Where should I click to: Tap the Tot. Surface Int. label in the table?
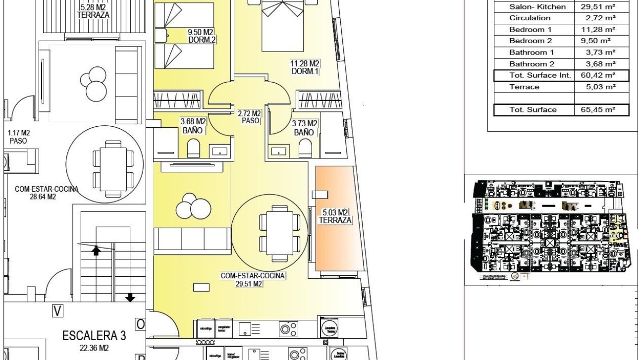point(533,75)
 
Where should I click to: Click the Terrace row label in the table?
point(524,87)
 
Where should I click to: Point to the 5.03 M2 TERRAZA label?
point(335,216)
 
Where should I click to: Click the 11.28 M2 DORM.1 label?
point(304,67)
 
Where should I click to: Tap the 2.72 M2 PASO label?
point(249,117)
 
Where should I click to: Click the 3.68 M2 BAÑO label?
point(193,127)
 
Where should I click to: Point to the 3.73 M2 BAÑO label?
point(305,128)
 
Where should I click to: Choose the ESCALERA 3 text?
point(94,335)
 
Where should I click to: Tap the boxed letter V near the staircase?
point(58,310)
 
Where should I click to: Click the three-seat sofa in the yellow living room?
point(192,239)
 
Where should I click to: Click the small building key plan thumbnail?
point(550,229)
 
